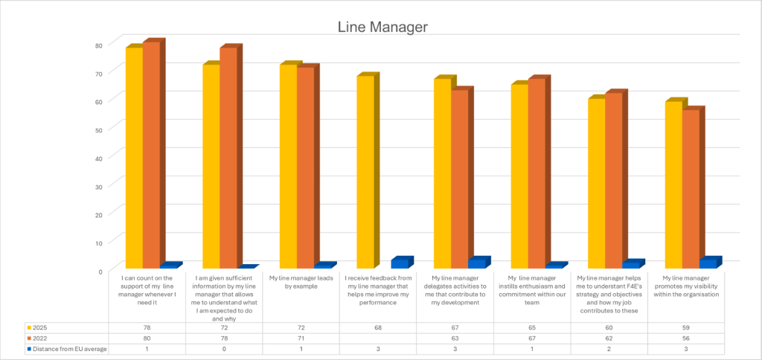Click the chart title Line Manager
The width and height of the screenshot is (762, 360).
[382, 27]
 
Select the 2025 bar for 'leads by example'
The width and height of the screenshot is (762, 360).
[287, 167]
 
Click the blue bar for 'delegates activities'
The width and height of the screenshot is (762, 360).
[476, 263]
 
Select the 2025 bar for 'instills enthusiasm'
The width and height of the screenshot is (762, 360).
[519, 176]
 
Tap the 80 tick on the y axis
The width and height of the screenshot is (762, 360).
[98, 45]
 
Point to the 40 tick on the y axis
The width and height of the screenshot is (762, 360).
[98, 158]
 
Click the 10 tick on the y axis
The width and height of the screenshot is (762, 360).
[98, 242]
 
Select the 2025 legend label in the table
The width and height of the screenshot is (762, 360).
[40, 327]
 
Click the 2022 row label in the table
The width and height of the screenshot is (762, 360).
[40, 338]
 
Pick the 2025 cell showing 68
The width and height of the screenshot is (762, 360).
[379, 327]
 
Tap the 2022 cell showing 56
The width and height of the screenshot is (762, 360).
[686, 338]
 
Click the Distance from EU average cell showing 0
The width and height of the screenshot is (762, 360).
[224, 349]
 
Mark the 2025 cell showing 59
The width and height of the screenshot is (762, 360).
[686, 327]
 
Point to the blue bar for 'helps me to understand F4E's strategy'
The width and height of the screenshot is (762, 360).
[630, 265]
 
